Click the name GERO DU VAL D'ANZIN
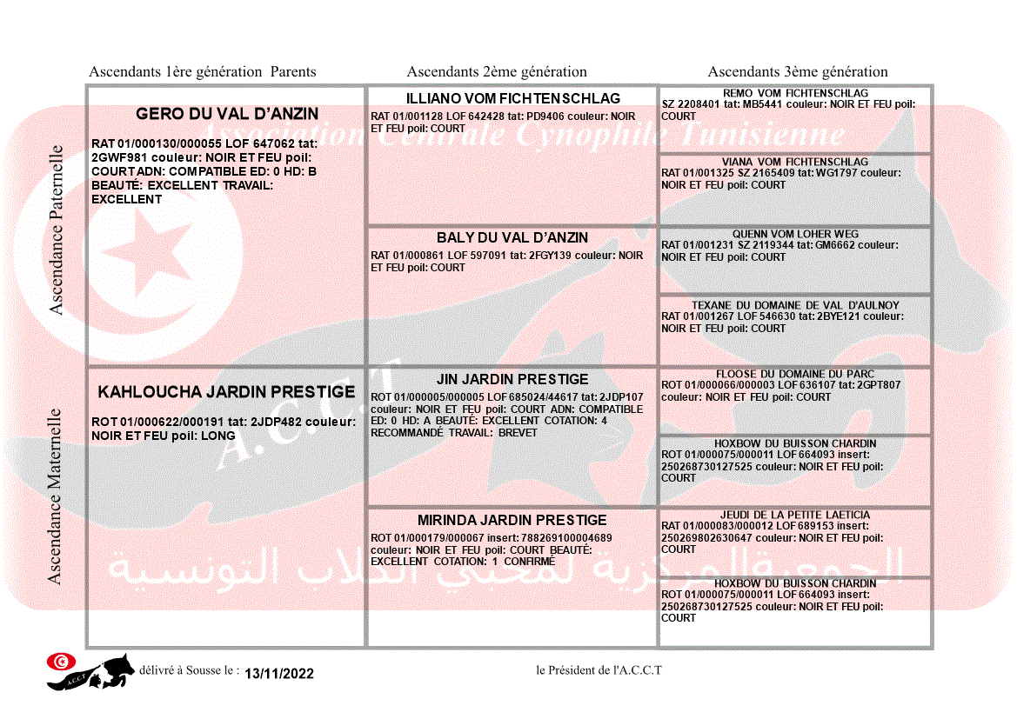click(227, 114)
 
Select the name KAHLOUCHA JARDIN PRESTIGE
click(226, 392)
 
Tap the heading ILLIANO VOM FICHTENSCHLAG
click(512, 98)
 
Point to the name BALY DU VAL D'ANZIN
click(512, 237)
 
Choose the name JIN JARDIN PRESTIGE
click(512, 379)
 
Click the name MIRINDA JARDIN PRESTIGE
click(512, 520)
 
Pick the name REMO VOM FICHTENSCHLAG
click(795, 93)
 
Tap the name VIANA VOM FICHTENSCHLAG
click(795, 162)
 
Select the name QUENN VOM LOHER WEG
click(795, 234)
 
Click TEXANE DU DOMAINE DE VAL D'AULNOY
click(795, 305)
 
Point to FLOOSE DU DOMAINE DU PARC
click(795, 374)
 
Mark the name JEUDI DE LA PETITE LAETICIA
click(795, 515)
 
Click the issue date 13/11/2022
click(279, 674)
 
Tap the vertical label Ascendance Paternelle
click(57, 230)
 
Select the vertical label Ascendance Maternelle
click(55, 496)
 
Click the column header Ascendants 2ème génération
click(497, 72)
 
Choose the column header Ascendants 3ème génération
click(798, 72)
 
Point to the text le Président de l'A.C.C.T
click(599, 669)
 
